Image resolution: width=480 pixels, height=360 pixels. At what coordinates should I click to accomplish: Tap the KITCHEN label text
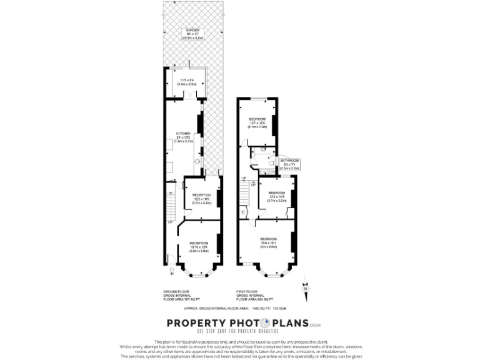[183, 137]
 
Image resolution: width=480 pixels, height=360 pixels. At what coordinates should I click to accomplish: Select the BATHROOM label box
[289, 164]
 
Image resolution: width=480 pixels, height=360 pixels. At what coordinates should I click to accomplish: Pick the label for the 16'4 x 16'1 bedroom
[269, 243]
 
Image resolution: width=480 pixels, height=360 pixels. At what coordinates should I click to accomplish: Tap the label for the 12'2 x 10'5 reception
[202, 199]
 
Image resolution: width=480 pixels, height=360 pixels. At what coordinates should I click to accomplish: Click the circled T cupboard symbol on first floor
[242, 212]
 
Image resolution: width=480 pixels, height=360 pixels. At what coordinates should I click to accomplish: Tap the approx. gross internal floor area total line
[239, 308]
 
